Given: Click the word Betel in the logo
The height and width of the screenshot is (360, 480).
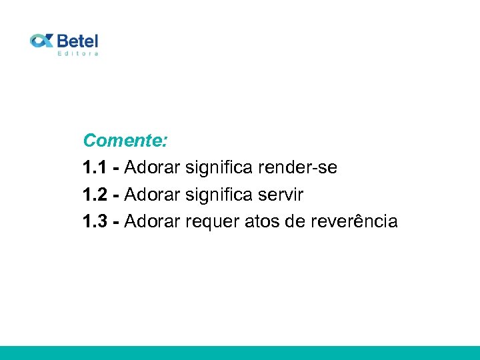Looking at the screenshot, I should [x=77, y=40].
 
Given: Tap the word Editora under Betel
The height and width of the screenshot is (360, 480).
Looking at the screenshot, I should [x=78, y=53].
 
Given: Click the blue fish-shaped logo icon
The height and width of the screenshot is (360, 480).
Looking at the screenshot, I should [x=41, y=41].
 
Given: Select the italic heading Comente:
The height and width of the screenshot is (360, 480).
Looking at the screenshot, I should [x=125, y=141].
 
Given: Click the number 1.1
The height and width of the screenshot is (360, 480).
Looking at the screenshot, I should [x=95, y=168].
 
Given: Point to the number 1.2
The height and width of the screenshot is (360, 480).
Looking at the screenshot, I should [x=95, y=195].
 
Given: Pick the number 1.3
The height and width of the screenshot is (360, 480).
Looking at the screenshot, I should [x=95, y=221].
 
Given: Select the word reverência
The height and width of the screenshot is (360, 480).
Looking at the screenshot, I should [x=354, y=221].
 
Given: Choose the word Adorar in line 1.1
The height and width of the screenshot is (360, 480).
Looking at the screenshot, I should [x=152, y=168].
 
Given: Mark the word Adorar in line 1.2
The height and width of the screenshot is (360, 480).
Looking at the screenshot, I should [x=152, y=195].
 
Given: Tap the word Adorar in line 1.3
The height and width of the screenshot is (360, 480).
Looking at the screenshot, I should [x=152, y=221].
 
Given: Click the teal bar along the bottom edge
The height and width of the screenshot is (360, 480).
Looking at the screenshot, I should [x=240, y=353].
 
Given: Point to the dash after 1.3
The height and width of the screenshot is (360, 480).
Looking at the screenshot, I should [x=117, y=222].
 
